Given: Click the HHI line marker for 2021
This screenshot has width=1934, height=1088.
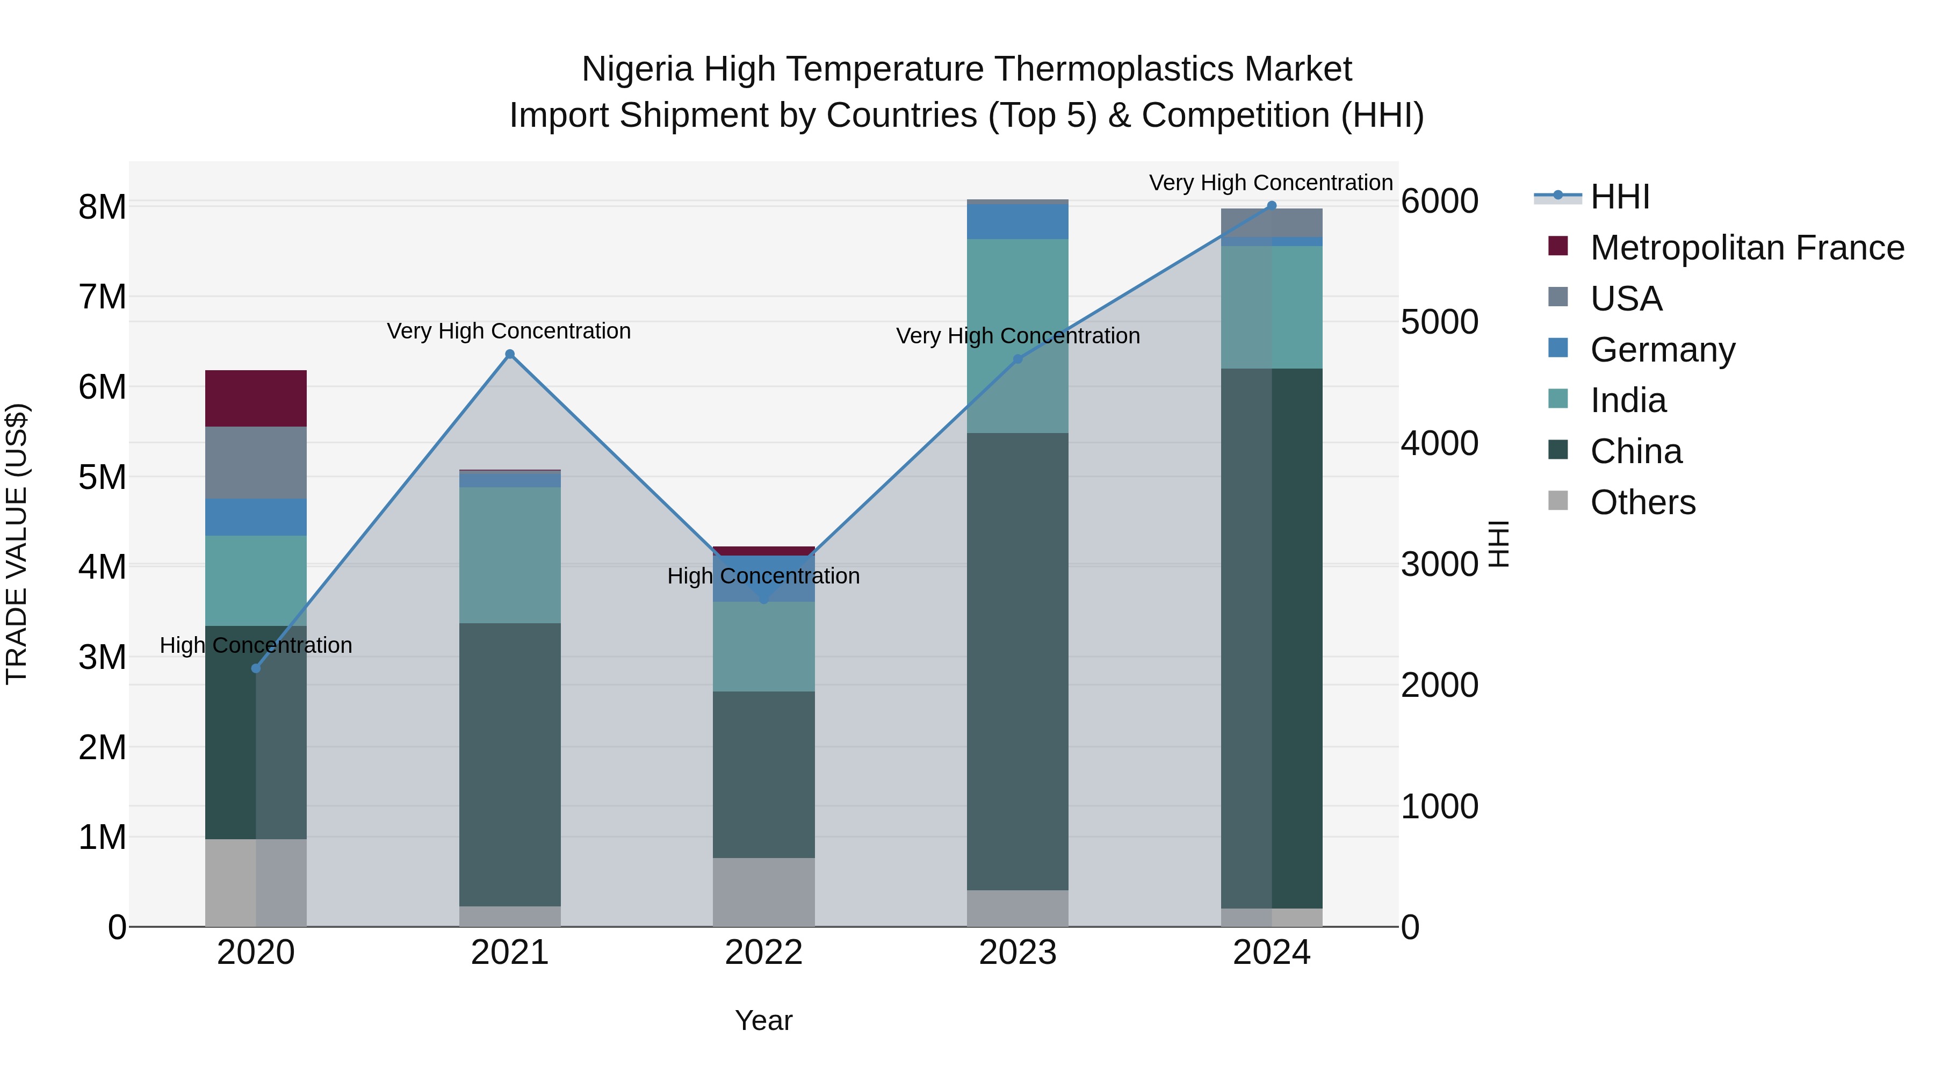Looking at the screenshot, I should [510, 355].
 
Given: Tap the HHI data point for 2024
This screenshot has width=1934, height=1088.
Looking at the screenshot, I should [1271, 206].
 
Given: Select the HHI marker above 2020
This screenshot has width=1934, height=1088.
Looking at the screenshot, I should [256, 668].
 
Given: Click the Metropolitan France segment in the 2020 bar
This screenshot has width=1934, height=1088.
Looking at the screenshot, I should [256, 398].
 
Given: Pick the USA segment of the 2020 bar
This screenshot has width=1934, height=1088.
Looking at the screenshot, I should [256, 463].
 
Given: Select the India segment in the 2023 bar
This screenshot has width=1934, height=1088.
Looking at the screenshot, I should [1017, 336].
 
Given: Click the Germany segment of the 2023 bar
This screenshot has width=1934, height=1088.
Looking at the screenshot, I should [1017, 221].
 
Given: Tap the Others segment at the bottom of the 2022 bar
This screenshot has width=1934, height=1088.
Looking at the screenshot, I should [763, 892].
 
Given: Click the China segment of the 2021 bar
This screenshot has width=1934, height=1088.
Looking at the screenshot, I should [510, 765].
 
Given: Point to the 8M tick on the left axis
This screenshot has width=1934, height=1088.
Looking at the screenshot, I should [102, 206].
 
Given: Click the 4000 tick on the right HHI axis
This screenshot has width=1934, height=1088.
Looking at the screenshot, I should [1439, 443].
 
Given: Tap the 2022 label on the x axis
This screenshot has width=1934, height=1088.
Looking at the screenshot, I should [763, 953].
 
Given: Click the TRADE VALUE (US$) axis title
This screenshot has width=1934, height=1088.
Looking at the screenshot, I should [17, 544].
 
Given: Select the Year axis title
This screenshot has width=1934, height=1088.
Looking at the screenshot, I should [763, 1020].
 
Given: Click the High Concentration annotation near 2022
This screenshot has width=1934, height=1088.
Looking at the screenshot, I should [763, 576].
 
